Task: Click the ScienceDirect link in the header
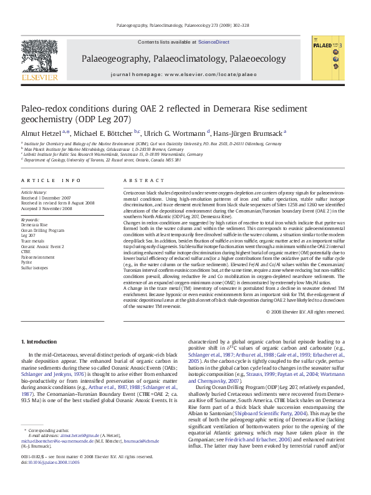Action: [214, 42]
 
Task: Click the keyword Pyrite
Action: [28, 262]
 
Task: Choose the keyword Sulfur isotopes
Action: [34, 267]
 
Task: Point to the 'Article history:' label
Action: [34, 193]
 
